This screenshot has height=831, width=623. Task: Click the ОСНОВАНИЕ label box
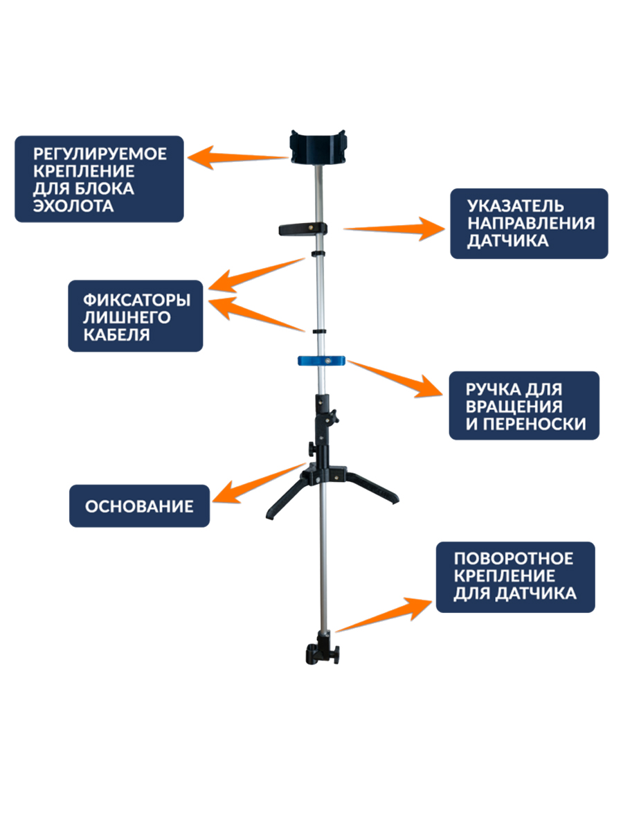(139, 506)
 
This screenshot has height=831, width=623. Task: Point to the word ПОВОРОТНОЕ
(514, 558)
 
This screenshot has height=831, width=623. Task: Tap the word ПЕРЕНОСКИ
(526, 424)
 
